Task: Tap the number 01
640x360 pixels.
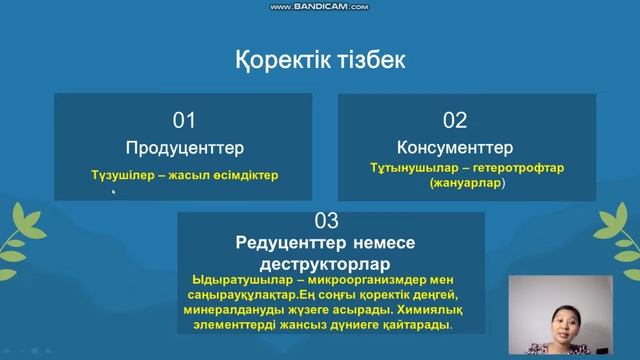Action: tap(184, 121)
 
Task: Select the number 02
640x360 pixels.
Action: tap(455, 121)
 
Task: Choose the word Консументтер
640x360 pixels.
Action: tap(455, 148)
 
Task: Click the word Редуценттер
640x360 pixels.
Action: tap(285, 244)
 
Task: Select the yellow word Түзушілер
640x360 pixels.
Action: tap(123, 175)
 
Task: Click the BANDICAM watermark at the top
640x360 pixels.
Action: tap(320, 6)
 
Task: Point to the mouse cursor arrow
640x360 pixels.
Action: tap(114, 192)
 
